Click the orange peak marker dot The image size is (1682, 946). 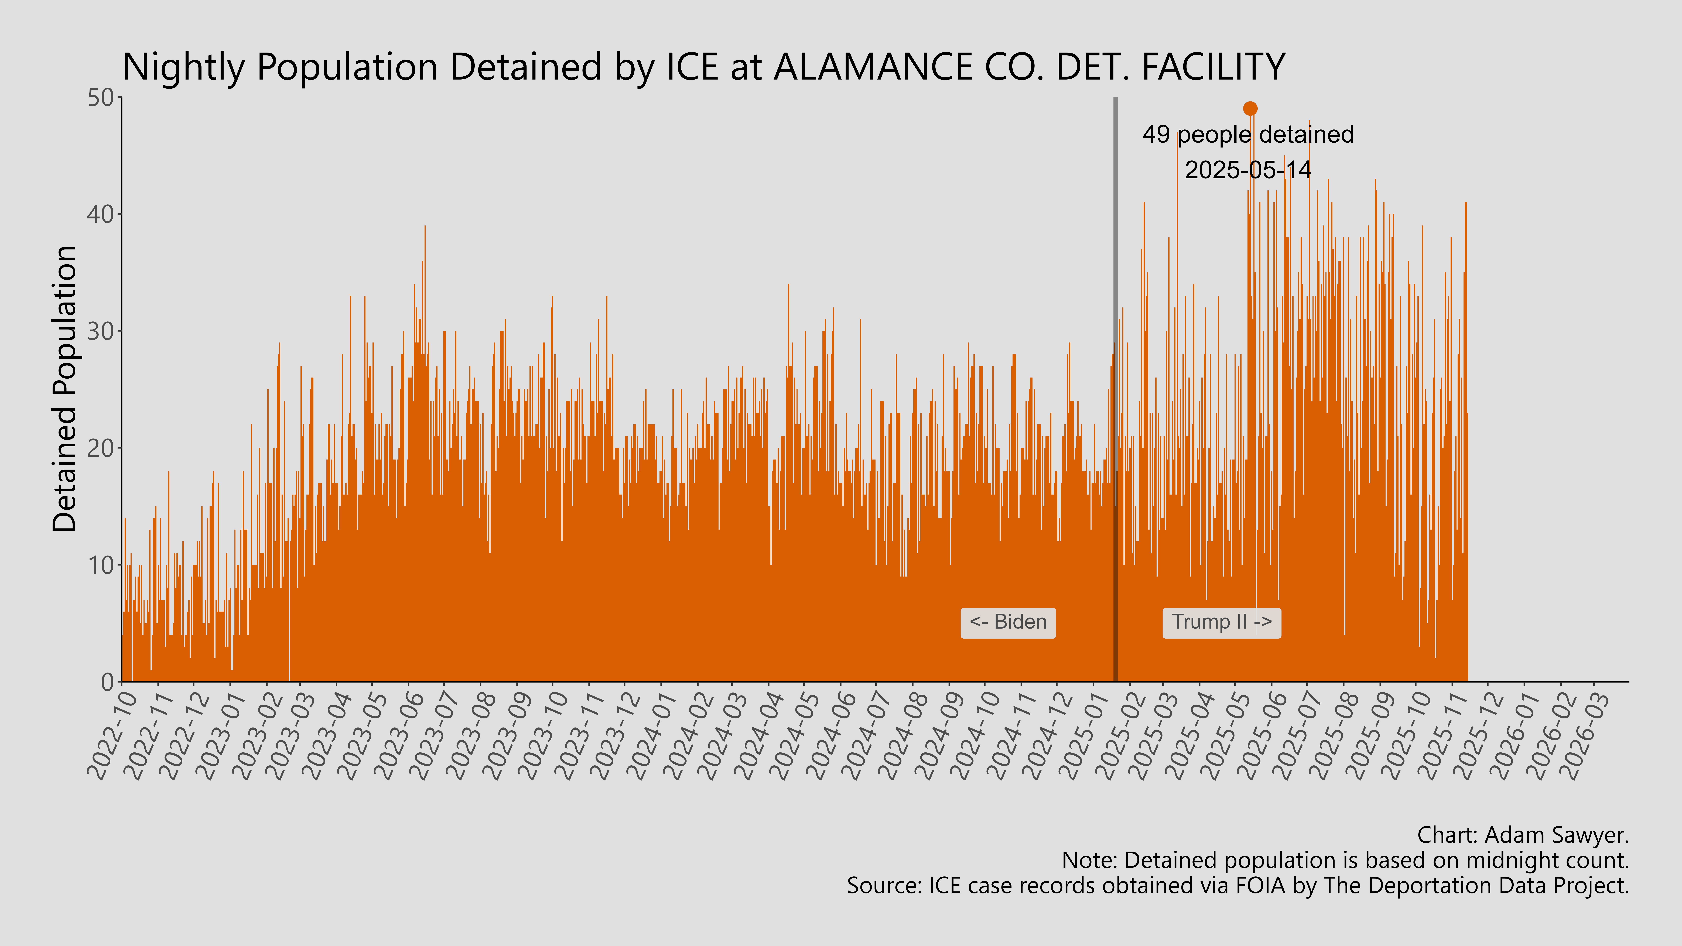click(1250, 108)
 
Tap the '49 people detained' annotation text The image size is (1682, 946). click(1248, 135)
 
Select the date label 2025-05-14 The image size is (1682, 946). click(1248, 170)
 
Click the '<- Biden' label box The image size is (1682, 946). click(1007, 622)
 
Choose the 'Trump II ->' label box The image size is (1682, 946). click(1221, 622)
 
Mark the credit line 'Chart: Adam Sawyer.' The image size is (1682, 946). click(1523, 835)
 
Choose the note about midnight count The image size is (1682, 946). click(1345, 861)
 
